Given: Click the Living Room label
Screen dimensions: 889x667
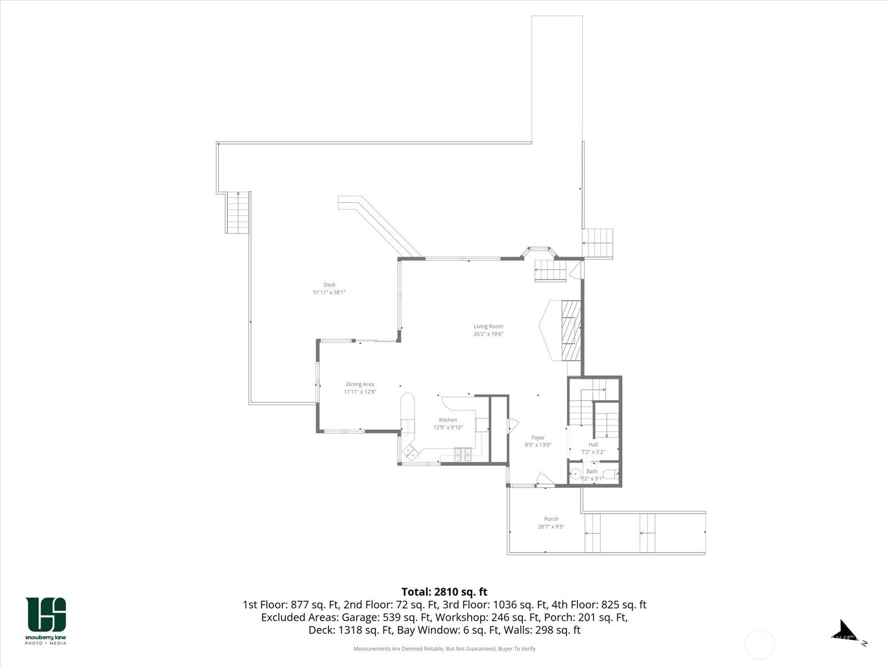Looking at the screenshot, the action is (x=488, y=326).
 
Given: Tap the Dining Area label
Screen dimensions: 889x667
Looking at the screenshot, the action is (x=359, y=384).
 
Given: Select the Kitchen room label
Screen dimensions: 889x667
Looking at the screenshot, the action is (x=447, y=420).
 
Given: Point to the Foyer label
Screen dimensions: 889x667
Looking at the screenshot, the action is (x=538, y=437).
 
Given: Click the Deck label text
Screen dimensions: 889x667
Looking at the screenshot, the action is (x=329, y=285).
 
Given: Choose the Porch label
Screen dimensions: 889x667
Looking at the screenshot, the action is (x=551, y=519).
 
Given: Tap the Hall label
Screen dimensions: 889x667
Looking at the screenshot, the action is (x=593, y=445).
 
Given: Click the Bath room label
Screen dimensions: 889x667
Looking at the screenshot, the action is (x=592, y=471).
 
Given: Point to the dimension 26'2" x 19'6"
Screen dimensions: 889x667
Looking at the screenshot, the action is (x=488, y=334).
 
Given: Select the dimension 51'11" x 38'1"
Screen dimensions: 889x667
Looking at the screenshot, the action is (x=329, y=292).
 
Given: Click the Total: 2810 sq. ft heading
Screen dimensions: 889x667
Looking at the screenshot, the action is (x=444, y=592).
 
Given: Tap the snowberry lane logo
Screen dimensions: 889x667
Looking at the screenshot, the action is (x=46, y=621).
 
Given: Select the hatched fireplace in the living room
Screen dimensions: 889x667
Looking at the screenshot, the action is (x=571, y=330).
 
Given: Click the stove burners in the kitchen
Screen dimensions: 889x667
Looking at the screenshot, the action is (x=462, y=454).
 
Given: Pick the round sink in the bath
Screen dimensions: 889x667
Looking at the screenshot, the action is (x=575, y=474).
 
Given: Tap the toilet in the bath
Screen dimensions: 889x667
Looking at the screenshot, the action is (x=610, y=474).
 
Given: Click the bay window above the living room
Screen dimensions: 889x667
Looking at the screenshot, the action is (x=538, y=251).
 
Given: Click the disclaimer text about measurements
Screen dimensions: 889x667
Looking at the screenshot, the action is (x=444, y=649).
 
